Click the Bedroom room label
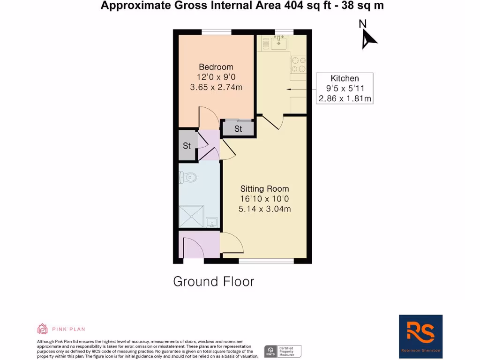[216, 67]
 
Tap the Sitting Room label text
[264, 189]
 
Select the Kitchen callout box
[345, 88]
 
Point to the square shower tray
[191, 217]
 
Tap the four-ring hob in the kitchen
[298, 65]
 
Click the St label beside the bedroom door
[238, 129]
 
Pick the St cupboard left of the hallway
[187, 145]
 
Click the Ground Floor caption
[213, 281]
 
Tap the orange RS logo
[420, 333]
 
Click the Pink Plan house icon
[43, 329]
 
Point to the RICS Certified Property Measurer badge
[283, 351]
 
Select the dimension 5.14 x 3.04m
[264, 209]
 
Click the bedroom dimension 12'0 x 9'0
[216, 77]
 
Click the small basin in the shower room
[211, 223]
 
